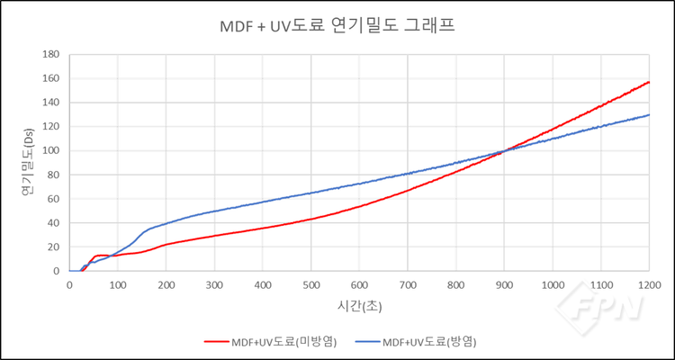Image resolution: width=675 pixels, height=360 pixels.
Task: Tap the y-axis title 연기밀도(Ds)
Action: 28,163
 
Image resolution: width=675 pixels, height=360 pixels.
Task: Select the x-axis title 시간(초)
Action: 358,306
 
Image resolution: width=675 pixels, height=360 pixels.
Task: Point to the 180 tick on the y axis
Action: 51,55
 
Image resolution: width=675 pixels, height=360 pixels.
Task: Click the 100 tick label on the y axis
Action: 51,151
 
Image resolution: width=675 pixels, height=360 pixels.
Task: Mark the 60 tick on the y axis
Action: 54,199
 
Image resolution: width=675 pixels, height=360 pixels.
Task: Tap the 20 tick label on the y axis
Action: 54,247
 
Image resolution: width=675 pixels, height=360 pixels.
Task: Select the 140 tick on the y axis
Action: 51,103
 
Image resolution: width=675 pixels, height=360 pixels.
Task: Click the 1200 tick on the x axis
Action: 649,284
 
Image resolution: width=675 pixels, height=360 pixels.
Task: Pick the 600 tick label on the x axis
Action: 359,284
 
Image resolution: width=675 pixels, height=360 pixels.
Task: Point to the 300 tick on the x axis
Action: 214,284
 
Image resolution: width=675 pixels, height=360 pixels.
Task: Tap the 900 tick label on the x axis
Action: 504,284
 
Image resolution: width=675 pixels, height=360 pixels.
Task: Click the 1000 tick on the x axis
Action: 552,284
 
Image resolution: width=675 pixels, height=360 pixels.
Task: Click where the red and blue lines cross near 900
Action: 504,150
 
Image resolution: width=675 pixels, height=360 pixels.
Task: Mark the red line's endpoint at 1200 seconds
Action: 649,82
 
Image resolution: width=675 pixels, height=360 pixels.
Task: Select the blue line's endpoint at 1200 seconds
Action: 649,115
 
